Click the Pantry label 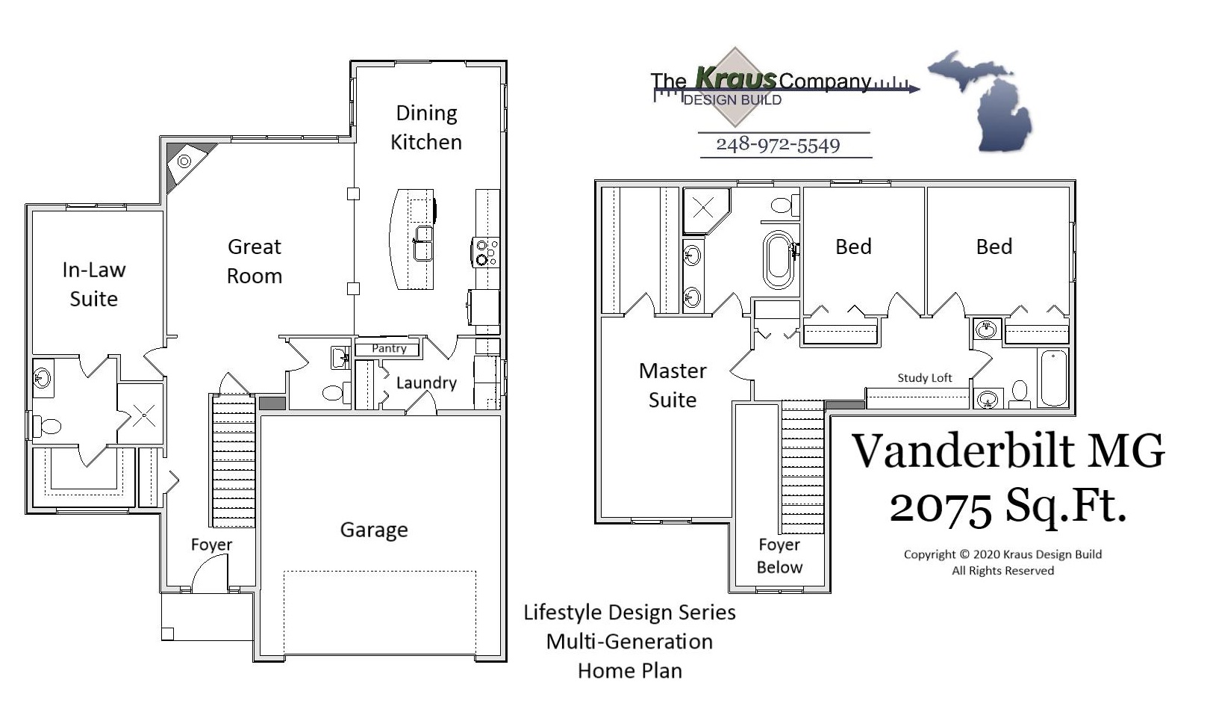pyautogui.click(x=389, y=348)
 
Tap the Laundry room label pyautogui.click(x=425, y=383)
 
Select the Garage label pyautogui.click(x=374, y=530)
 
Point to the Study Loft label pyautogui.click(x=924, y=378)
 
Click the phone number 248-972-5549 pyautogui.click(x=778, y=145)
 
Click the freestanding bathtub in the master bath pyautogui.click(x=778, y=259)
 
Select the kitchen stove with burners pyautogui.click(x=487, y=252)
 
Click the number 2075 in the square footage pyautogui.click(x=941, y=507)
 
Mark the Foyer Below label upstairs pyautogui.click(x=779, y=556)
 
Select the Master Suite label pyautogui.click(x=673, y=385)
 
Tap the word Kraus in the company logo pyautogui.click(x=735, y=77)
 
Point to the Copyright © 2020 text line pyautogui.click(x=1002, y=554)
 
